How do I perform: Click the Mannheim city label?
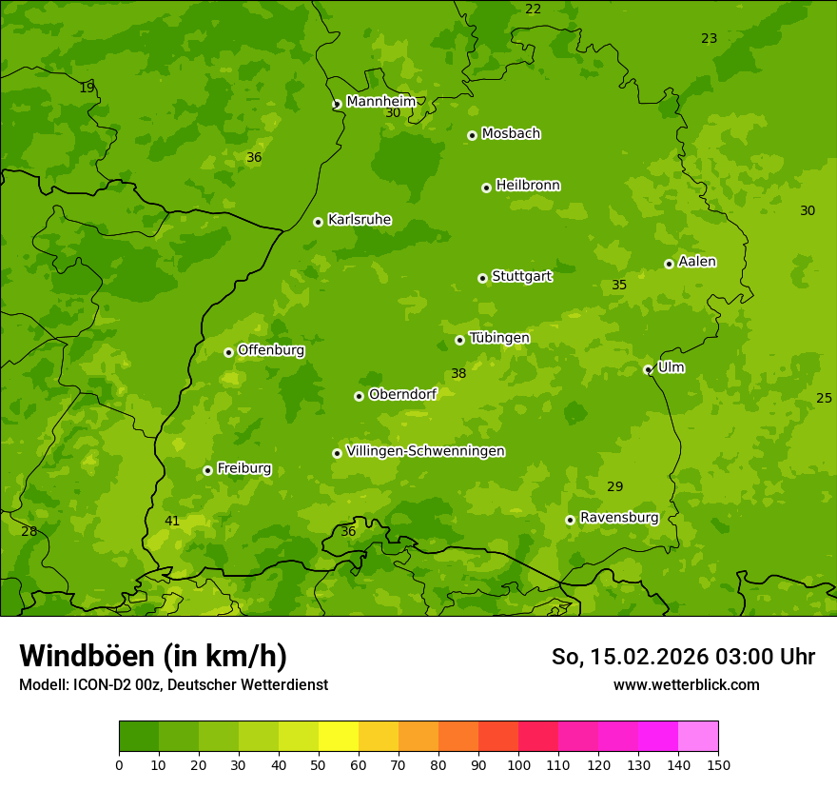(380, 102)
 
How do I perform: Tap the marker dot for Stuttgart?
(482, 278)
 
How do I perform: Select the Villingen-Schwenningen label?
(425, 451)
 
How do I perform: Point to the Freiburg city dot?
(207, 470)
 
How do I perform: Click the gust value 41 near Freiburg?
(172, 521)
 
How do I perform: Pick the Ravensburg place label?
(618, 518)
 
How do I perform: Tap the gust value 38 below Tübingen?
(458, 374)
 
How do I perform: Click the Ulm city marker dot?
(648, 369)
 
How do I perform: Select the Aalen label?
(696, 262)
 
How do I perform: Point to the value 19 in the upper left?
(87, 88)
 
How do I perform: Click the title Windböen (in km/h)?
(153, 656)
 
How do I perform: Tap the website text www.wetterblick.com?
(686, 684)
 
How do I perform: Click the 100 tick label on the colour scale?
(518, 764)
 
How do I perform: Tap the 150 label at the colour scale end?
(718, 764)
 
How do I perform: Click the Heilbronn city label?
(527, 186)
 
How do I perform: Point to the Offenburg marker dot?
(228, 352)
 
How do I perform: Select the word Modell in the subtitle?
(43, 684)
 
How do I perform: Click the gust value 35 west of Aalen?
(619, 286)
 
